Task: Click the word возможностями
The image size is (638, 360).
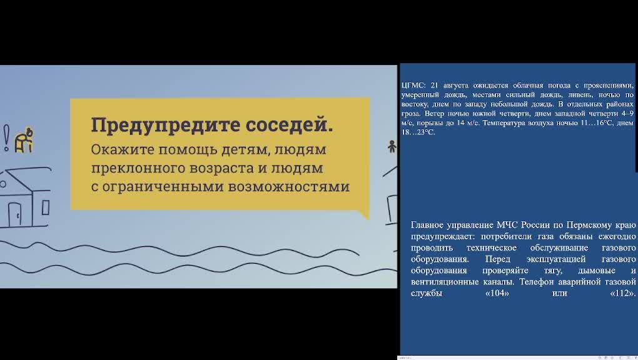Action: (289, 187)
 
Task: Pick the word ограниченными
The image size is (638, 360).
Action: (163, 187)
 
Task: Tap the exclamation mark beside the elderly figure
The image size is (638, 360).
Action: (6, 138)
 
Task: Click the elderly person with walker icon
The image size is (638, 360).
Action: (24, 141)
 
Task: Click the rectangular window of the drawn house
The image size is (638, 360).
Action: (46, 207)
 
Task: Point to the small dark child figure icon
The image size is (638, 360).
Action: (392, 146)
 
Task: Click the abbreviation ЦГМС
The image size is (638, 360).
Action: (413, 86)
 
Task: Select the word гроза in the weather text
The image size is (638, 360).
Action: (410, 114)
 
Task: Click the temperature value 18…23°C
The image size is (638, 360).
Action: (418, 132)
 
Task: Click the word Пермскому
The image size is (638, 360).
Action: (590, 225)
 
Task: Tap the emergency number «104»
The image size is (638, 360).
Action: (497, 293)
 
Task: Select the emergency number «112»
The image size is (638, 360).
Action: (622, 293)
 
